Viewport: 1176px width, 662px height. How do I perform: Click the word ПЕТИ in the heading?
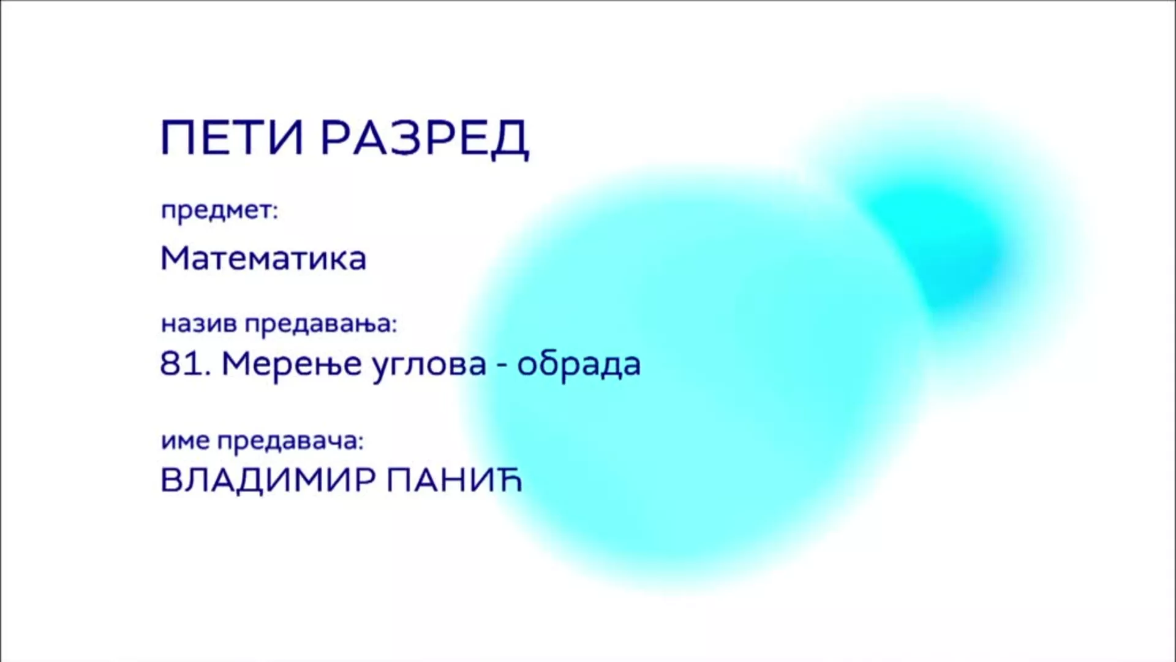coord(232,137)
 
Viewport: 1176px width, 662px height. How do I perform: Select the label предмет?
coord(219,211)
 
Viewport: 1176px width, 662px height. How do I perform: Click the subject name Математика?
coord(263,258)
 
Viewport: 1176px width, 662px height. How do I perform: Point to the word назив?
coord(198,324)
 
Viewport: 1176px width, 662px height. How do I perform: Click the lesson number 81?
coord(181,363)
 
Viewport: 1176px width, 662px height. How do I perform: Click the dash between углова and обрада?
coord(502,367)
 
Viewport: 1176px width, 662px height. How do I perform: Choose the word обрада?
coord(579,364)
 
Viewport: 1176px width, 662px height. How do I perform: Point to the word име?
coord(186,441)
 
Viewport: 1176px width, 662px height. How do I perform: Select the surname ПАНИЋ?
coord(454,480)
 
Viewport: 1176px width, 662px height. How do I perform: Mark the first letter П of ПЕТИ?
coord(176,137)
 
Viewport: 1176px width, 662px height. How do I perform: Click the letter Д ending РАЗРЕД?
coord(510,140)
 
